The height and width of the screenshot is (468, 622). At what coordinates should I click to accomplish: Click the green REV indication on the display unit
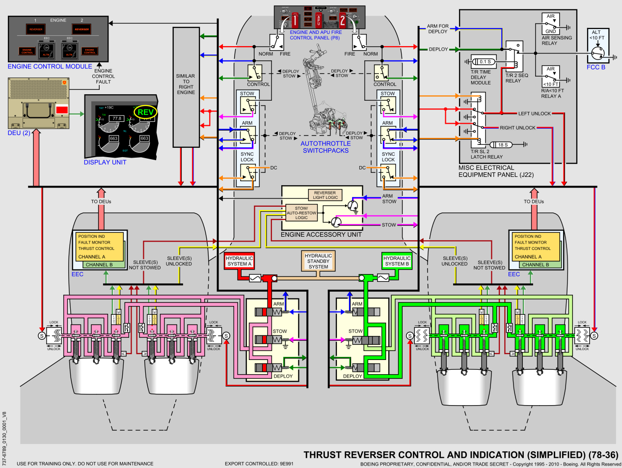(145, 112)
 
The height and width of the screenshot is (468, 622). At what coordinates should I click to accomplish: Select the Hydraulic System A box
(239, 261)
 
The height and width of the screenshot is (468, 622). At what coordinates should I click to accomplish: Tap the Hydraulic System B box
(397, 261)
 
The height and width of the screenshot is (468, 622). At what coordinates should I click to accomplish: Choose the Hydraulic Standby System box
(318, 261)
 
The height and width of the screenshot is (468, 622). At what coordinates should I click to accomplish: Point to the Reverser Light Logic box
(325, 195)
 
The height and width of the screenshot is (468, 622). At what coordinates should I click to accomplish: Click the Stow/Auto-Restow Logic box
(301, 213)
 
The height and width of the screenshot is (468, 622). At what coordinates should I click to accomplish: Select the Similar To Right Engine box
(186, 84)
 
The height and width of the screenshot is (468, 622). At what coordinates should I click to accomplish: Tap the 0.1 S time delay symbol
(485, 62)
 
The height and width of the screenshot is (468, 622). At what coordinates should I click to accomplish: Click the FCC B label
(596, 67)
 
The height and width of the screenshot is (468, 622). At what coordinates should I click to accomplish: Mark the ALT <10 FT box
(597, 35)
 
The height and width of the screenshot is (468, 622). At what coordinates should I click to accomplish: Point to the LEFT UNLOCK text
(534, 113)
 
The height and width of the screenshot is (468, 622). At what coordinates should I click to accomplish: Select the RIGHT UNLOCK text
(517, 128)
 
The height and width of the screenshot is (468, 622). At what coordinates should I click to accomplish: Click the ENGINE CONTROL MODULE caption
(50, 66)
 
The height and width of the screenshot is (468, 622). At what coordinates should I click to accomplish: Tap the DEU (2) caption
(19, 133)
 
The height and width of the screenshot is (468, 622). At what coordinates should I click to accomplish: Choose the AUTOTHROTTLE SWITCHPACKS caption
(325, 147)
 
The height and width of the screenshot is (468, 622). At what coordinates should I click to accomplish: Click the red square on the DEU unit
(62, 110)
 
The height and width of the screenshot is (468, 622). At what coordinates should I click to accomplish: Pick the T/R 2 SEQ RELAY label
(516, 78)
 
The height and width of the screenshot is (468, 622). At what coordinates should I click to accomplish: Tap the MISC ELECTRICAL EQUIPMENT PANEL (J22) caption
(496, 171)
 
